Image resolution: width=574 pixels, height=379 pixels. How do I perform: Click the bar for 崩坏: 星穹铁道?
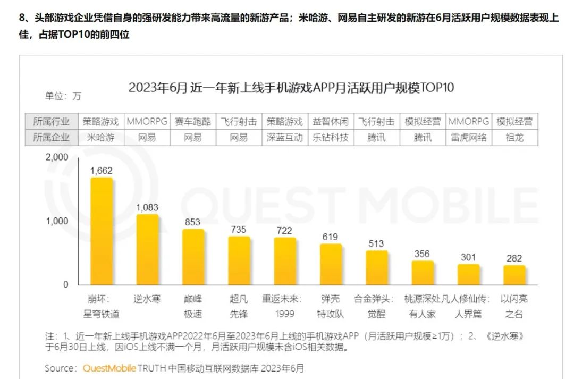101,231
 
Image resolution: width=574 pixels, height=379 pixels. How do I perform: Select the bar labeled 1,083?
147,250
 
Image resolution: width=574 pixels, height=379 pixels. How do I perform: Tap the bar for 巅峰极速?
193,257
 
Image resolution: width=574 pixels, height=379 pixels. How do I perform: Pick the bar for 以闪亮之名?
514,275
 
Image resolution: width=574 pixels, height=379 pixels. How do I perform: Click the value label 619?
331,237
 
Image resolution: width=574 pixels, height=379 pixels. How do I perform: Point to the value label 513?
376,243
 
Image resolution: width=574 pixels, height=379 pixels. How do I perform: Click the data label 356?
423,254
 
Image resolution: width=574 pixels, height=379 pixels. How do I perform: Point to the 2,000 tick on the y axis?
57,157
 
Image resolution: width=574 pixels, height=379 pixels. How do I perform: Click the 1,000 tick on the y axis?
57,221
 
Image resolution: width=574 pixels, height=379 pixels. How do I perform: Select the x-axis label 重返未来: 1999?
285,306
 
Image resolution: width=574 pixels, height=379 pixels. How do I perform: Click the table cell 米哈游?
101,137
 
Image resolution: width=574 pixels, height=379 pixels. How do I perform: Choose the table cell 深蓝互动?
285,137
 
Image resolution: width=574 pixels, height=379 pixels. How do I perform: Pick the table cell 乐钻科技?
331,137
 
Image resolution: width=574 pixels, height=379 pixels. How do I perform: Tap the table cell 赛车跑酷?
193,121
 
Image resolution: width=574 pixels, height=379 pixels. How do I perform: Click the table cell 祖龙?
514,137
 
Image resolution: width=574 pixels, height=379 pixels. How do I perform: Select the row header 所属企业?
52,137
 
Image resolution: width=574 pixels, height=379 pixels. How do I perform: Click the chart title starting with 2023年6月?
291,88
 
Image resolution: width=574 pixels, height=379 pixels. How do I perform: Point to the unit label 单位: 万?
63,96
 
